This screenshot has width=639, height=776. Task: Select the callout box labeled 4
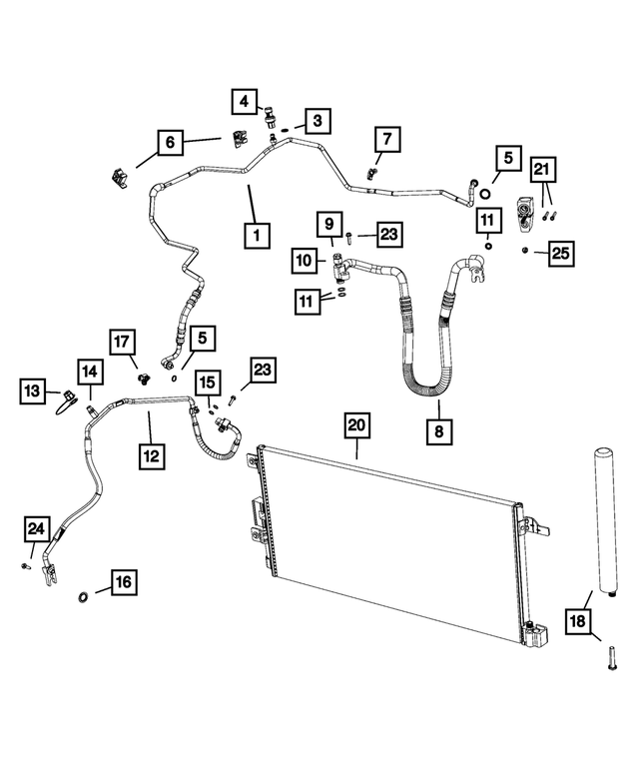point(244,100)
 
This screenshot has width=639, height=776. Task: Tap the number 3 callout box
point(316,122)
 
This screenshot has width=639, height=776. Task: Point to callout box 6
point(170,143)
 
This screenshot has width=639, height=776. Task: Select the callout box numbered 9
point(327,225)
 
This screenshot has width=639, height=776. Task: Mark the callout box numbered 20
point(356,425)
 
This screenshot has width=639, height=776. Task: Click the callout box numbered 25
point(560,254)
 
